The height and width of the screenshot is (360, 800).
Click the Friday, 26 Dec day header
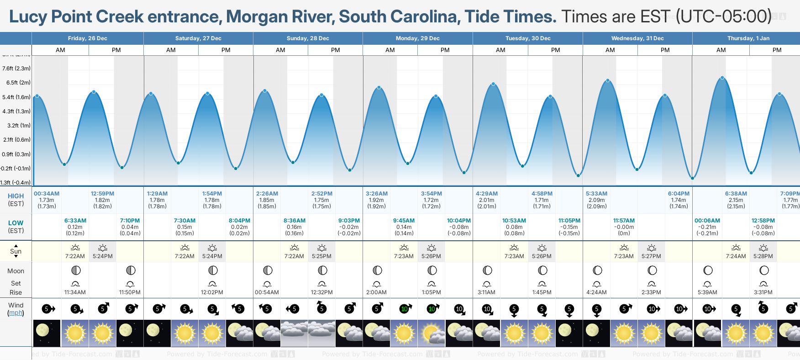(x=87, y=38)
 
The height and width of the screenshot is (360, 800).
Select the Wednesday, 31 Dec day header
(x=637, y=38)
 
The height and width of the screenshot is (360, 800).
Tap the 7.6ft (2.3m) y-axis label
(x=16, y=69)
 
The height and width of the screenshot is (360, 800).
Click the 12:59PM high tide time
(x=102, y=194)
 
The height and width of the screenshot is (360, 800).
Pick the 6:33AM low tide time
(x=75, y=221)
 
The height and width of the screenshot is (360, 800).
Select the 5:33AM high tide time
(x=596, y=194)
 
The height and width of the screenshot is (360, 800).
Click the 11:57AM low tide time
(x=624, y=221)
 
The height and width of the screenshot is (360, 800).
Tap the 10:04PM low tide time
(x=458, y=221)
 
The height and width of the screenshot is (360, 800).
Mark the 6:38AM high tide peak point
(x=722, y=78)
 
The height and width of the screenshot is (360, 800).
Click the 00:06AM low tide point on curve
(x=692, y=178)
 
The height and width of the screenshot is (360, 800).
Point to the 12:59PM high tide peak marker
(x=94, y=92)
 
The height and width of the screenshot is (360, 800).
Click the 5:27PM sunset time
(x=651, y=256)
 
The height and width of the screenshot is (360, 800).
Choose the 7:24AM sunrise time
(x=736, y=256)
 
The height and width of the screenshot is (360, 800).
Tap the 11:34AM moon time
(x=75, y=292)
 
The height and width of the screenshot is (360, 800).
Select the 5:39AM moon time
(x=707, y=292)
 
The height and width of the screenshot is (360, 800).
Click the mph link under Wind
(x=16, y=313)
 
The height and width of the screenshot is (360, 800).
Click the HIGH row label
(x=16, y=196)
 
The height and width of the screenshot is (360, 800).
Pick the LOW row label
(x=16, y=223)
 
